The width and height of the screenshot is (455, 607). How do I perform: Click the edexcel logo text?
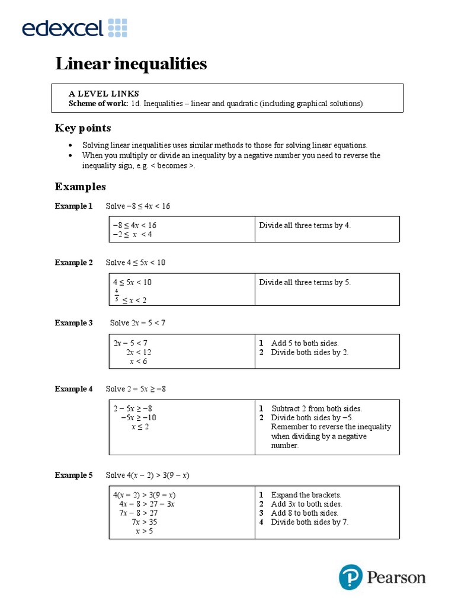tap(63, 28)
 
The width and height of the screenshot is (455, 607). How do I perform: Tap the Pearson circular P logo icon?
tap(350, 577)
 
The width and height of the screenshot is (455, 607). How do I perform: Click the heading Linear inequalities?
tap(131, 64)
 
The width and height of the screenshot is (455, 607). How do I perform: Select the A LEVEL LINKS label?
tap(104, 94)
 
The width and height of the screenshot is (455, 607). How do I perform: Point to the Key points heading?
tap(83, 128)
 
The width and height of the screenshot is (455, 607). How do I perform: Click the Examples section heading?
tap(81, 187)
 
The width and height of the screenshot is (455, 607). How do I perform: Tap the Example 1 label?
tap(74, 206)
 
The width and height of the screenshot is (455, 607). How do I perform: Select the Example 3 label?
tap(74, 323)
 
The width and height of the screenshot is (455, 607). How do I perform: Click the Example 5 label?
tap(74, 475)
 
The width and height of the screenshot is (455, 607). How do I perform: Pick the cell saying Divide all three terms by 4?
tap(305, 225)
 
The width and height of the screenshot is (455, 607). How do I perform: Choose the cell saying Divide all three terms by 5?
tap(305, 282)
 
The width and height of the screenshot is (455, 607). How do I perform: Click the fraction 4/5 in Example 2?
tap(117, 295)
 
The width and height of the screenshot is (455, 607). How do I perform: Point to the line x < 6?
tap(138, 362)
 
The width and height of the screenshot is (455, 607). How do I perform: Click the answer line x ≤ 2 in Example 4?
tap(140, 427)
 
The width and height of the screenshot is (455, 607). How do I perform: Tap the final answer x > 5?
tap(144, 531)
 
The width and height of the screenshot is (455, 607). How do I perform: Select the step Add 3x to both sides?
tap(306, 504)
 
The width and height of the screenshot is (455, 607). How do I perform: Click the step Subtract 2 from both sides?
tap(316, 408)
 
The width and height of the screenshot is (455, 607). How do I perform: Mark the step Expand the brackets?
tap(306, 494)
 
